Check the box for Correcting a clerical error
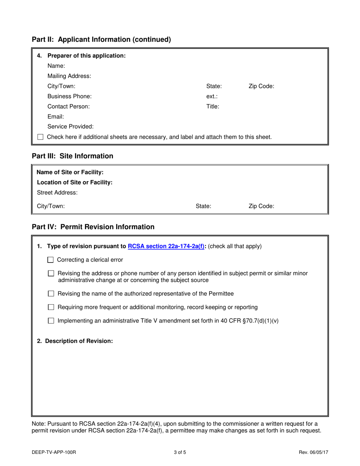[50, 260]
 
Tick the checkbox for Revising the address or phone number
[51, 273]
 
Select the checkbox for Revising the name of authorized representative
[51, 294]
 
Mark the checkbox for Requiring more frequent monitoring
[51, 307]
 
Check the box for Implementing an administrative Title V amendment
[51, 321]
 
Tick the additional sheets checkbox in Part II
[41, 137]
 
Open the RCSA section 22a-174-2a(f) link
[166, 246]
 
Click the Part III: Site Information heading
[72, 156]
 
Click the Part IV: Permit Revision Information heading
[93, 227]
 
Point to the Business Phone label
[69, 96]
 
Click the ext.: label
[212, 96]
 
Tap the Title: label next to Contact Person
[213, 106]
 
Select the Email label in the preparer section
[56, 117]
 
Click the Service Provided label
[70, 127]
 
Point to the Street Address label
[57, 192]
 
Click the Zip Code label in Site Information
[261, 206]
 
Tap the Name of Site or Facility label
[70, 172]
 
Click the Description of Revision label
[75, 341]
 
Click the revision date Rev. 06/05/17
[313, 452]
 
